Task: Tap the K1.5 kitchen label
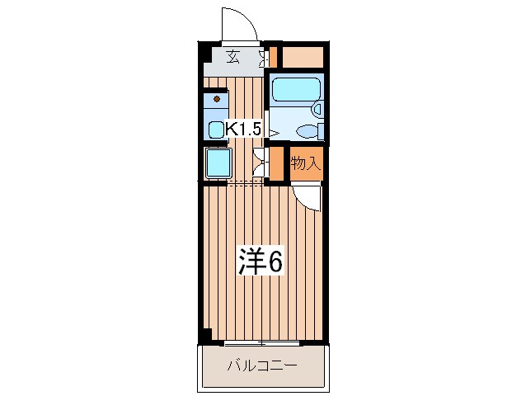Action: click(x=244, y=129)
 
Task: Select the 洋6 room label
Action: click(x=262, y=262)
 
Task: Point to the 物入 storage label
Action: click(x=305, y=163)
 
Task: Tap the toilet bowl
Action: click(x=307, y=130)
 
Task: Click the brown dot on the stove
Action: click(x=218, y=98)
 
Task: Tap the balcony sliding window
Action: click(x=261, y=341)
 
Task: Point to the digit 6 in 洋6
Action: click(x=275, y=262)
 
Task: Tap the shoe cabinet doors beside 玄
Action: click(x=265, y=58)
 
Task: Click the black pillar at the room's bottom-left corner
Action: click(x=206, y=336)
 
